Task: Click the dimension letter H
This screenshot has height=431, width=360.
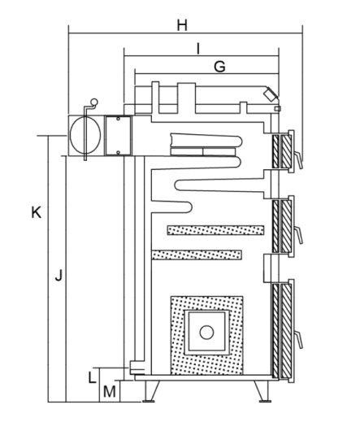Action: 182,25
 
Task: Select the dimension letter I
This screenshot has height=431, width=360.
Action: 198,49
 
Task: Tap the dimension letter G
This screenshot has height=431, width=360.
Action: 219,67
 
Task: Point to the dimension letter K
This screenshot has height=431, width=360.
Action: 37,212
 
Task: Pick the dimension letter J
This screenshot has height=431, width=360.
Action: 59,276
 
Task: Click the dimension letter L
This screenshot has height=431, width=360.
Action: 93,377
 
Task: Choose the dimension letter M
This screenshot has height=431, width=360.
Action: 110,392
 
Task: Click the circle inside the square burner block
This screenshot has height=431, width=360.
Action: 206,333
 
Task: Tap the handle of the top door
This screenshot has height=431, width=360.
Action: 298,160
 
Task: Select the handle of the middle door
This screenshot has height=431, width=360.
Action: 299,235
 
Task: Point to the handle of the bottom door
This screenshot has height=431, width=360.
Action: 299,340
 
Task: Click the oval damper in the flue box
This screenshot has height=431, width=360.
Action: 85,134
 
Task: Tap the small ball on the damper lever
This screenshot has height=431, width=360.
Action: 94,102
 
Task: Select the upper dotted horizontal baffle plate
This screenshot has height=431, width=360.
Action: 216,230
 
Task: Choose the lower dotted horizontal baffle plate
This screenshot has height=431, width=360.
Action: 197,255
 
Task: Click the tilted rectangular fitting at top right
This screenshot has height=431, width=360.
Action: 271,94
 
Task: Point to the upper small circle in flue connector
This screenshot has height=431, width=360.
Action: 118,119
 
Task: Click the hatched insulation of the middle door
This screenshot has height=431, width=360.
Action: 282,226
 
